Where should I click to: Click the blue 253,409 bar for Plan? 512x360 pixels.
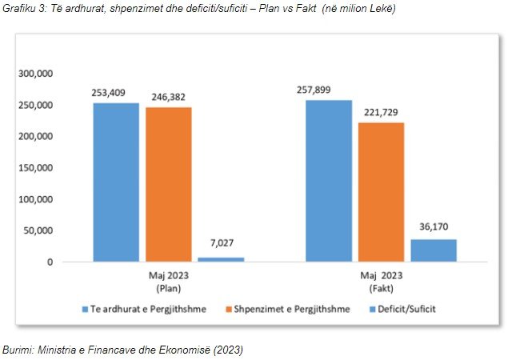click(x=115, y=182)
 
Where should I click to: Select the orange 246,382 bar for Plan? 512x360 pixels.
click(x=168, y=185)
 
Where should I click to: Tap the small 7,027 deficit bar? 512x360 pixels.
click(x=221, y=259)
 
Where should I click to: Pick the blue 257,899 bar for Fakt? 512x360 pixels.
click(x=328, y=181)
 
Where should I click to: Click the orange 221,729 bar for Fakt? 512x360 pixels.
click(x=381, y=192)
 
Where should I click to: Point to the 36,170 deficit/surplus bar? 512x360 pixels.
click(x=434, y=250)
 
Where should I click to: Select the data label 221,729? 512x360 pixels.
click(x=380, y=111)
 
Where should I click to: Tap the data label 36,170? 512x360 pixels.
click(x=434, y=227)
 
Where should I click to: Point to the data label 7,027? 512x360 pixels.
click(x=221, y=243)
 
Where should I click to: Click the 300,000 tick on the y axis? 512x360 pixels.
click(x=34, y=74)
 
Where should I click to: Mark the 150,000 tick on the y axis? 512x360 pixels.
click(x=34, y=168)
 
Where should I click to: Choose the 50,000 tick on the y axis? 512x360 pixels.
click(x=37, y=230)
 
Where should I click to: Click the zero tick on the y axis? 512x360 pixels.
click(x=50, y=262)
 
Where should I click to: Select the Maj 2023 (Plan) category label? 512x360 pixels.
click(x=168, y=282)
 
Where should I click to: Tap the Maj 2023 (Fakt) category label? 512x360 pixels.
click(x=381, y=282)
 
